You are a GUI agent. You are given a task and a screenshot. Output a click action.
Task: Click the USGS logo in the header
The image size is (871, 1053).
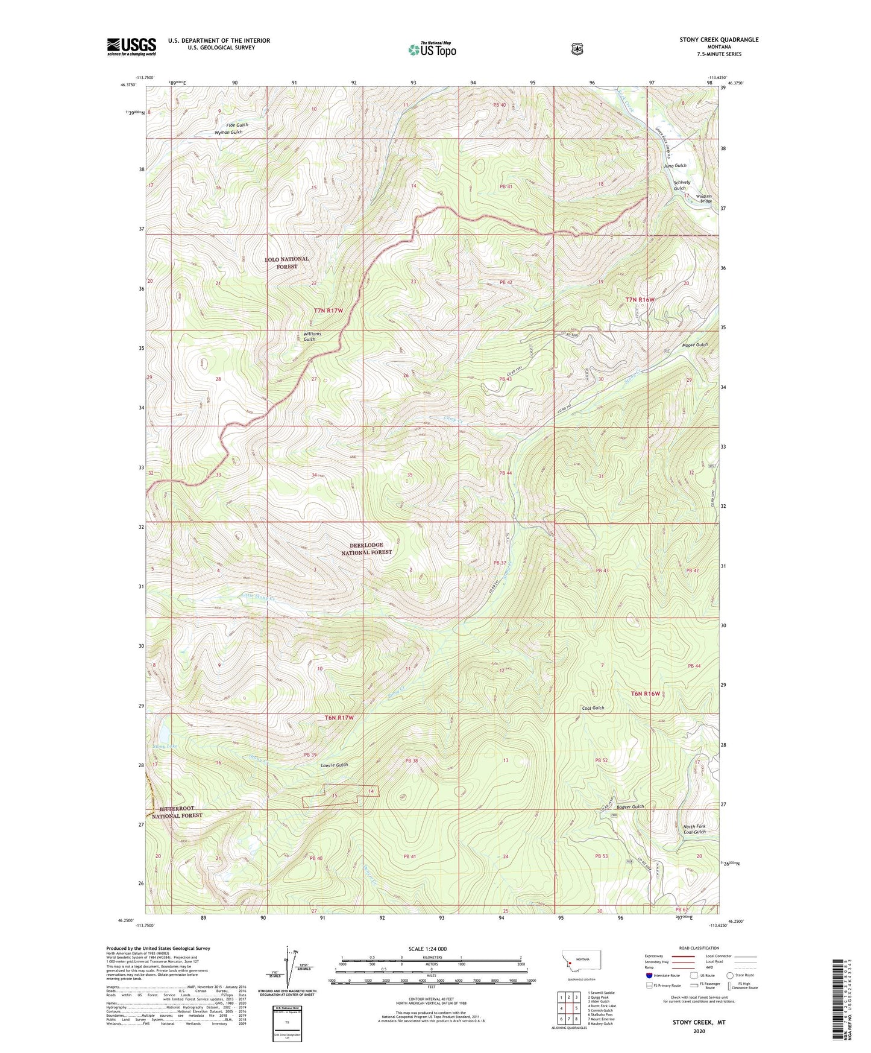(131, 46)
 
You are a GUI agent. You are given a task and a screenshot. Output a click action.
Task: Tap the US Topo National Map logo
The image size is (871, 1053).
(432, 49)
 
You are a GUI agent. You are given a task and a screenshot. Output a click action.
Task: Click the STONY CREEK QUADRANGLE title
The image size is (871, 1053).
(718, 40)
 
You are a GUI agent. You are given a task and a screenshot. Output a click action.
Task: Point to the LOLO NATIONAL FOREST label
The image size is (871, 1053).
(287, 262)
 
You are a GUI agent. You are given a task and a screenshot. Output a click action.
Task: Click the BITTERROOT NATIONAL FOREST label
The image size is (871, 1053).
(177, 812)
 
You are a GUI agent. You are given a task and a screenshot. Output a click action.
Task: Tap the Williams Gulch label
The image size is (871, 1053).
(312, 337)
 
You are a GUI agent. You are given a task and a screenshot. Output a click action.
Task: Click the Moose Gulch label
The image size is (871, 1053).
(694, 345)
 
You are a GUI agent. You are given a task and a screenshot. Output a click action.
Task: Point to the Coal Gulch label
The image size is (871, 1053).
(593, 708)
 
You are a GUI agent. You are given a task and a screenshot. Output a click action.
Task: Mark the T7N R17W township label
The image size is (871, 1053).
(328, 311)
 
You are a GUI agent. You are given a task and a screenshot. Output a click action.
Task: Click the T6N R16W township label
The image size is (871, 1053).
(645, 694)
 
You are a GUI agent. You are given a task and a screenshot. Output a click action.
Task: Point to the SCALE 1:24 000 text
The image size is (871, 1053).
(427, 949)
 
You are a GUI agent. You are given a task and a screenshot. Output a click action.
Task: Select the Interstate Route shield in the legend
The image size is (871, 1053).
(649, 975)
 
